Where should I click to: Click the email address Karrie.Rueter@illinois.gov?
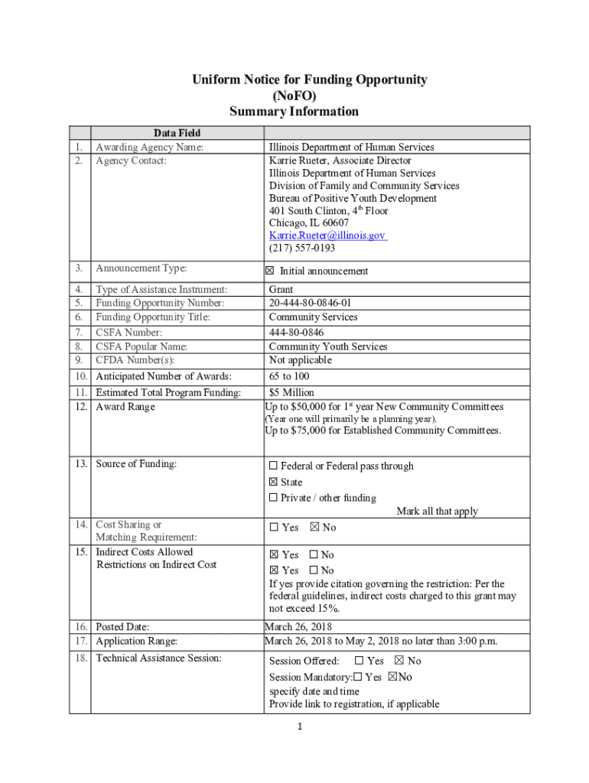click(x=327, y=236)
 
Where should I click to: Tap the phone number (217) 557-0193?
click(x=301, y=249)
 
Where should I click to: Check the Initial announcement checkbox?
click(x=269, y=271)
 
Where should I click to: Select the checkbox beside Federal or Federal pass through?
click(x=273, y=466)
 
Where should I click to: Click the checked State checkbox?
click(x=273, y=482)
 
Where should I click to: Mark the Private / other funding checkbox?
click(x=273, y=499)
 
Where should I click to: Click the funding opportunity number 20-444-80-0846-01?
click(x=310, y=303)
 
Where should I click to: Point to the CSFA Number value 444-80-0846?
click(x=296, y=333)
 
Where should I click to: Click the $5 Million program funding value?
click(x=291, y=393)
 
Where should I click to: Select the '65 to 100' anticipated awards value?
click(x=288, y=376)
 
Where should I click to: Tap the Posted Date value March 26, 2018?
click(x=298, y=627)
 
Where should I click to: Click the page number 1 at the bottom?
click(x=301, y=726)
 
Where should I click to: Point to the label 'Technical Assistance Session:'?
click(x=158, y=658)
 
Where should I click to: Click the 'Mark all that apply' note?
click(x=437, y=512)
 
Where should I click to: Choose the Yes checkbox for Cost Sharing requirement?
click(x=273, y=528)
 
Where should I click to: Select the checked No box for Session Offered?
click(x=399, y=661)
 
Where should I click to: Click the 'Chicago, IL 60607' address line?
click(x=308, y=223)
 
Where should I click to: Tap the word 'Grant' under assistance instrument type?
click(x=281, y=290)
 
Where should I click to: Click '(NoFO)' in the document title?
click(x=294, y=96)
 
